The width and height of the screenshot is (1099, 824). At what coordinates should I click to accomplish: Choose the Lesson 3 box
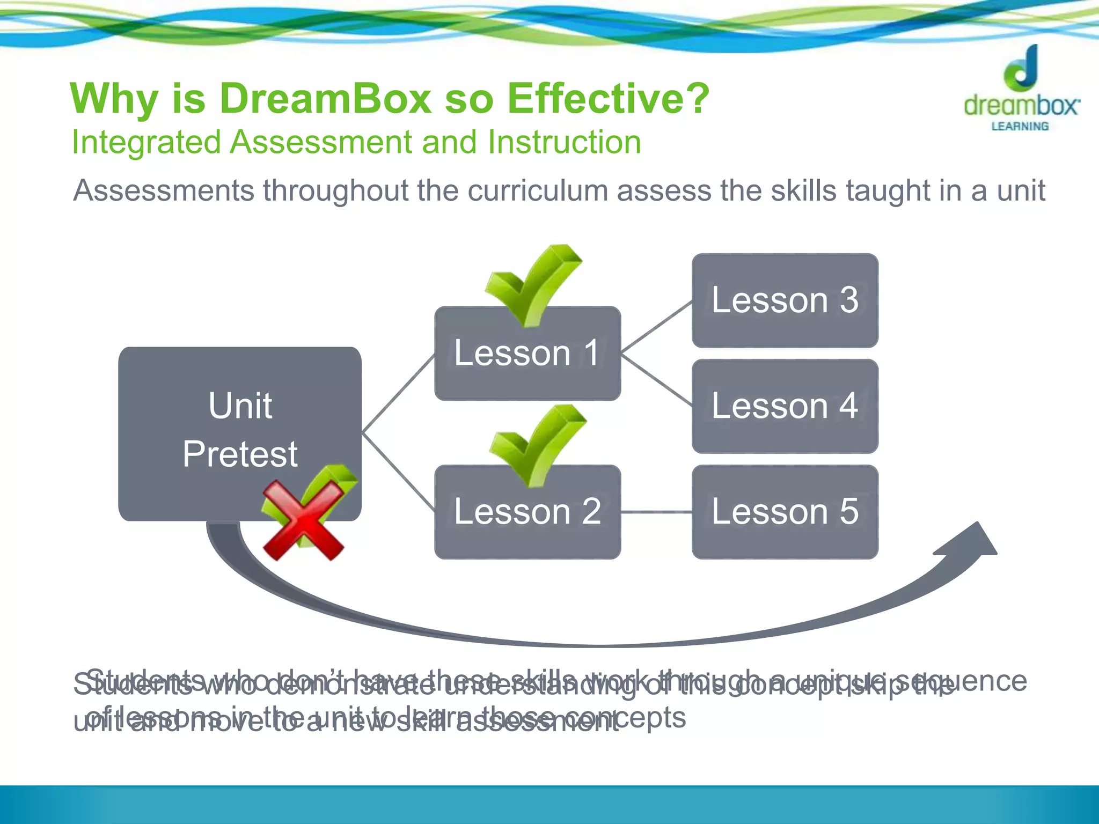(785, 300)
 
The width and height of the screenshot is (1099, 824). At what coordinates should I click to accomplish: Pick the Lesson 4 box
(785, 406)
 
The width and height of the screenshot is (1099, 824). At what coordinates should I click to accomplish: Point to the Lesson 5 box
(785, 512)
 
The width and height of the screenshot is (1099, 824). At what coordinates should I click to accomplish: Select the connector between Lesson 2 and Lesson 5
(656, 512)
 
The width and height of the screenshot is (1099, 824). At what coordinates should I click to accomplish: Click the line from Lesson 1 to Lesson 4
(656, 379)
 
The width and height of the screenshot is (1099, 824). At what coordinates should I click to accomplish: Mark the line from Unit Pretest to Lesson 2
(398, 470)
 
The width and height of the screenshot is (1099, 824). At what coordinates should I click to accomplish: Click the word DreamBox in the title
(325, 99)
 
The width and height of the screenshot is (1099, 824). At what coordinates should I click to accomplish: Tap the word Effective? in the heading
(608, 99)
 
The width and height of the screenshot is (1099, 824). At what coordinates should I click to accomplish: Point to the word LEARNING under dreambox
(1020, 127)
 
